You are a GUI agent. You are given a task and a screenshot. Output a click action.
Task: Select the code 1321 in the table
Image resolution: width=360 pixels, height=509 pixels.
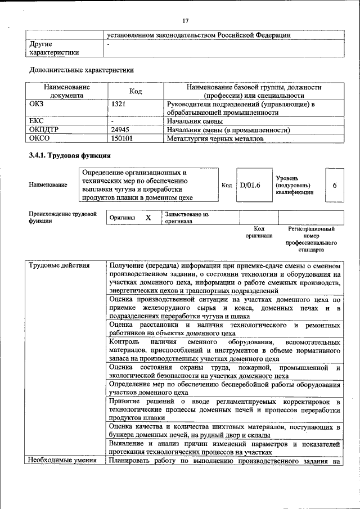point(119,104)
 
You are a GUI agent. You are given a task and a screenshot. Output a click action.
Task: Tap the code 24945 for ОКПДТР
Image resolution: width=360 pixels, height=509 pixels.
point(121,130)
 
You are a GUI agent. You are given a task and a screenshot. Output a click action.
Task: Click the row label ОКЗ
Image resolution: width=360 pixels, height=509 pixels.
point(37,104)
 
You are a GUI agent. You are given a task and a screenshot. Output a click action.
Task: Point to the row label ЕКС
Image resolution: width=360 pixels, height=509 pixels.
point(36,121)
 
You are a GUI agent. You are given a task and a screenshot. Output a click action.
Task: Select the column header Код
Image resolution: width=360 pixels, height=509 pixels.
point(136,91)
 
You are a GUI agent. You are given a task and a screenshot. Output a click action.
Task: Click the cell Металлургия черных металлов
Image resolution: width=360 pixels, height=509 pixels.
point(215,138)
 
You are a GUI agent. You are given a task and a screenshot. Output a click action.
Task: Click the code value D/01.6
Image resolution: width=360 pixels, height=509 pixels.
point(250,184)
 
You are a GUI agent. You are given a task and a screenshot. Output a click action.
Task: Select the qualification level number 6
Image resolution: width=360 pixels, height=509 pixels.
point(335,184)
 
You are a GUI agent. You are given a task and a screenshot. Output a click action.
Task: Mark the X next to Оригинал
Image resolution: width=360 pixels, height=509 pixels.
point(148,217)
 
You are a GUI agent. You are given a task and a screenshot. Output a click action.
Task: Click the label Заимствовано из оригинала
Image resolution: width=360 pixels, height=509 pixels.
point(187,218)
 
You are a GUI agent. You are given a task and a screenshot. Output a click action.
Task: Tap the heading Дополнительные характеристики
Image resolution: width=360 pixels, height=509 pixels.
point(81,70)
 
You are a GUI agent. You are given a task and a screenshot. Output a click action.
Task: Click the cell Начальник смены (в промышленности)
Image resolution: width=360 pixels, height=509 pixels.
point(228,130)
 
